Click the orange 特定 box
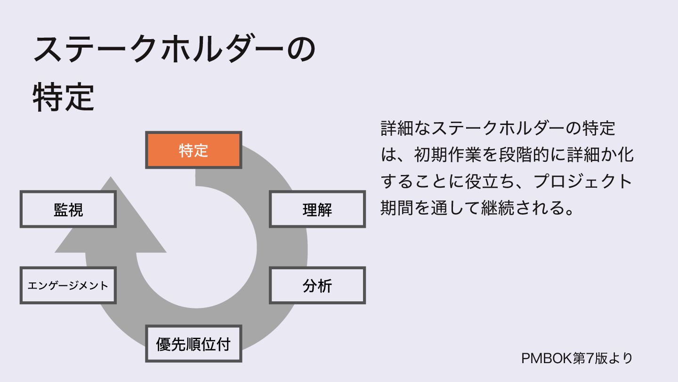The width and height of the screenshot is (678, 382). [x=194, y=150]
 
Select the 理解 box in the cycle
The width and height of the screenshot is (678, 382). [x=317, y=209]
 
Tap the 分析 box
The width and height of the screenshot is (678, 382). [x=317, y=285]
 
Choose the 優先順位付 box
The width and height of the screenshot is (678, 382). [x=194, y=344]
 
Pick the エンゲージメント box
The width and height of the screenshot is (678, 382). [x=68, y=285]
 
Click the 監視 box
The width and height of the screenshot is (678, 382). [x=68, y=209]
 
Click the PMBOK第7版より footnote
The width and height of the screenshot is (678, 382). [x=577, y=358]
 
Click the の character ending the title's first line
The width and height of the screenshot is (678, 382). [x=300, y=49]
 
